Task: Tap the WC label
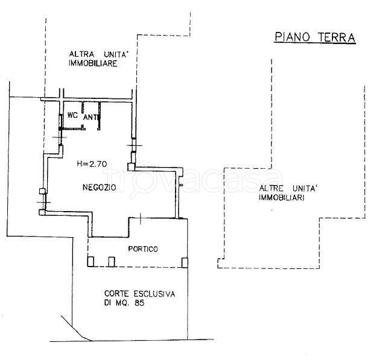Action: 72,114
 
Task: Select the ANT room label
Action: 91,117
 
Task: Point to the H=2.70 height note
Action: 91,163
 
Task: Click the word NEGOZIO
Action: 100,188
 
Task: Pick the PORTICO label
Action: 143,248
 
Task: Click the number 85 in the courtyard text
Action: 138,303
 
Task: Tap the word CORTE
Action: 113,294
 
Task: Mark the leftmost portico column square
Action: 91,262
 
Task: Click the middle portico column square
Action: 112,262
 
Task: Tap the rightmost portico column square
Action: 185,262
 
